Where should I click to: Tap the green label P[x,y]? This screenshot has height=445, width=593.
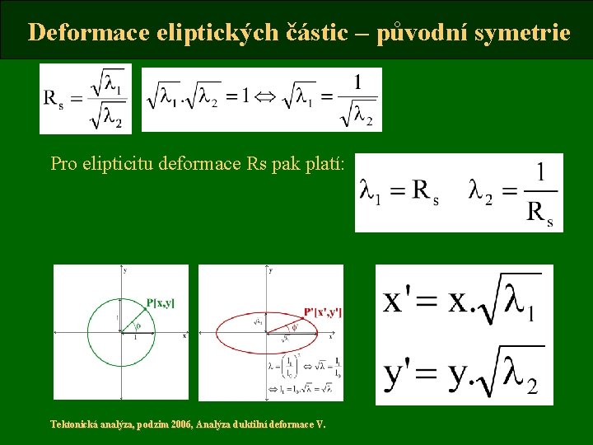click(x=160, y=303)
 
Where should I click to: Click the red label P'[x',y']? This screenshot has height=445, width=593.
click(x=323, y=312)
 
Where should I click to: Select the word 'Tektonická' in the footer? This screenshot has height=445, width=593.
click(x=72, y=424)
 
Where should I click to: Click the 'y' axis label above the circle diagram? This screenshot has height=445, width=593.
click(x=124, y=270)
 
